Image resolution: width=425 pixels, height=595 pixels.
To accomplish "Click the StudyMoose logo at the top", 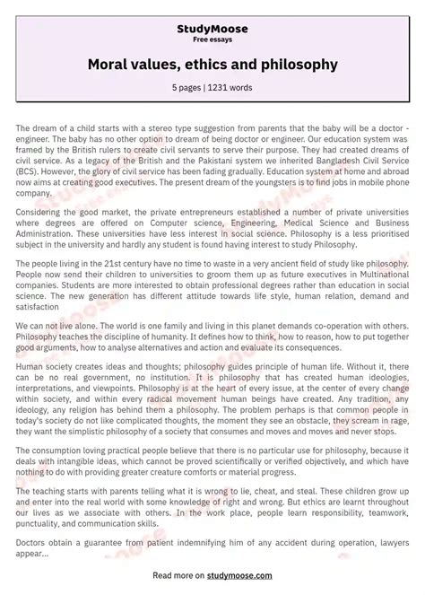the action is [x=212, y=29].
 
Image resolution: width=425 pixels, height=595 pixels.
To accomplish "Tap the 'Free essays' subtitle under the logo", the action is [x=212, y=40].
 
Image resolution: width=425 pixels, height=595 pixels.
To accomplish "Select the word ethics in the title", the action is [x=212, y=65].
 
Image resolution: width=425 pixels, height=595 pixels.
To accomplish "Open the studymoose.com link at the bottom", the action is [x=236, y=575].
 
